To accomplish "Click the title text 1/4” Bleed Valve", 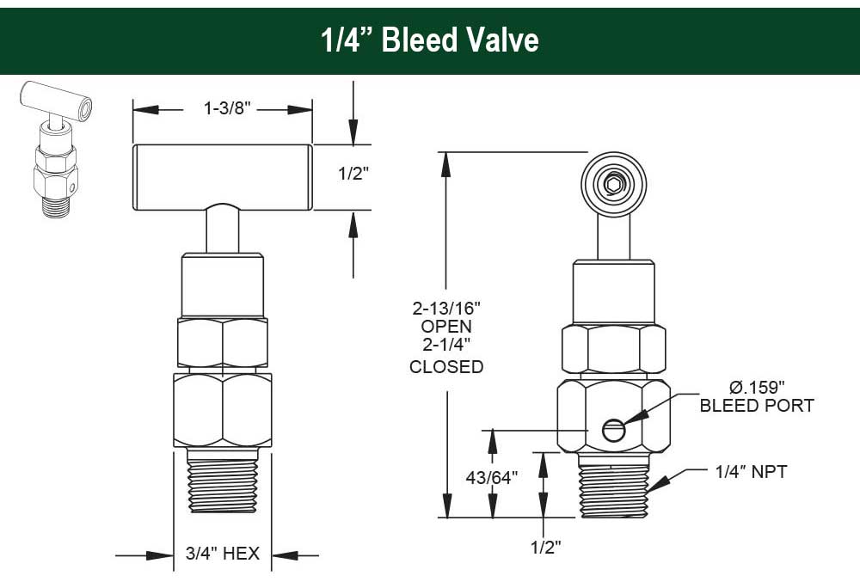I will point(430,41).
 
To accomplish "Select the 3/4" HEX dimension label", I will point(222,554).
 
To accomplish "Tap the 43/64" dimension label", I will point(490,477).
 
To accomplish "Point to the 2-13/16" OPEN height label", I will point(446,317).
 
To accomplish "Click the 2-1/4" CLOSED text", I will point(446,358).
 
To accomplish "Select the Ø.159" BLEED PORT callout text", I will point(756,396).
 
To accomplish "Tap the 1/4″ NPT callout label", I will point(750,472).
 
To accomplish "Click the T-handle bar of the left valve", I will point(222,176).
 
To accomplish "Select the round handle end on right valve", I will point(613,184).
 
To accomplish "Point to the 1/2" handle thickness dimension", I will point(353,173).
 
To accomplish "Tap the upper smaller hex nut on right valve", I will point(613,348).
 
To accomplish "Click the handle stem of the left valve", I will point(222,230).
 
